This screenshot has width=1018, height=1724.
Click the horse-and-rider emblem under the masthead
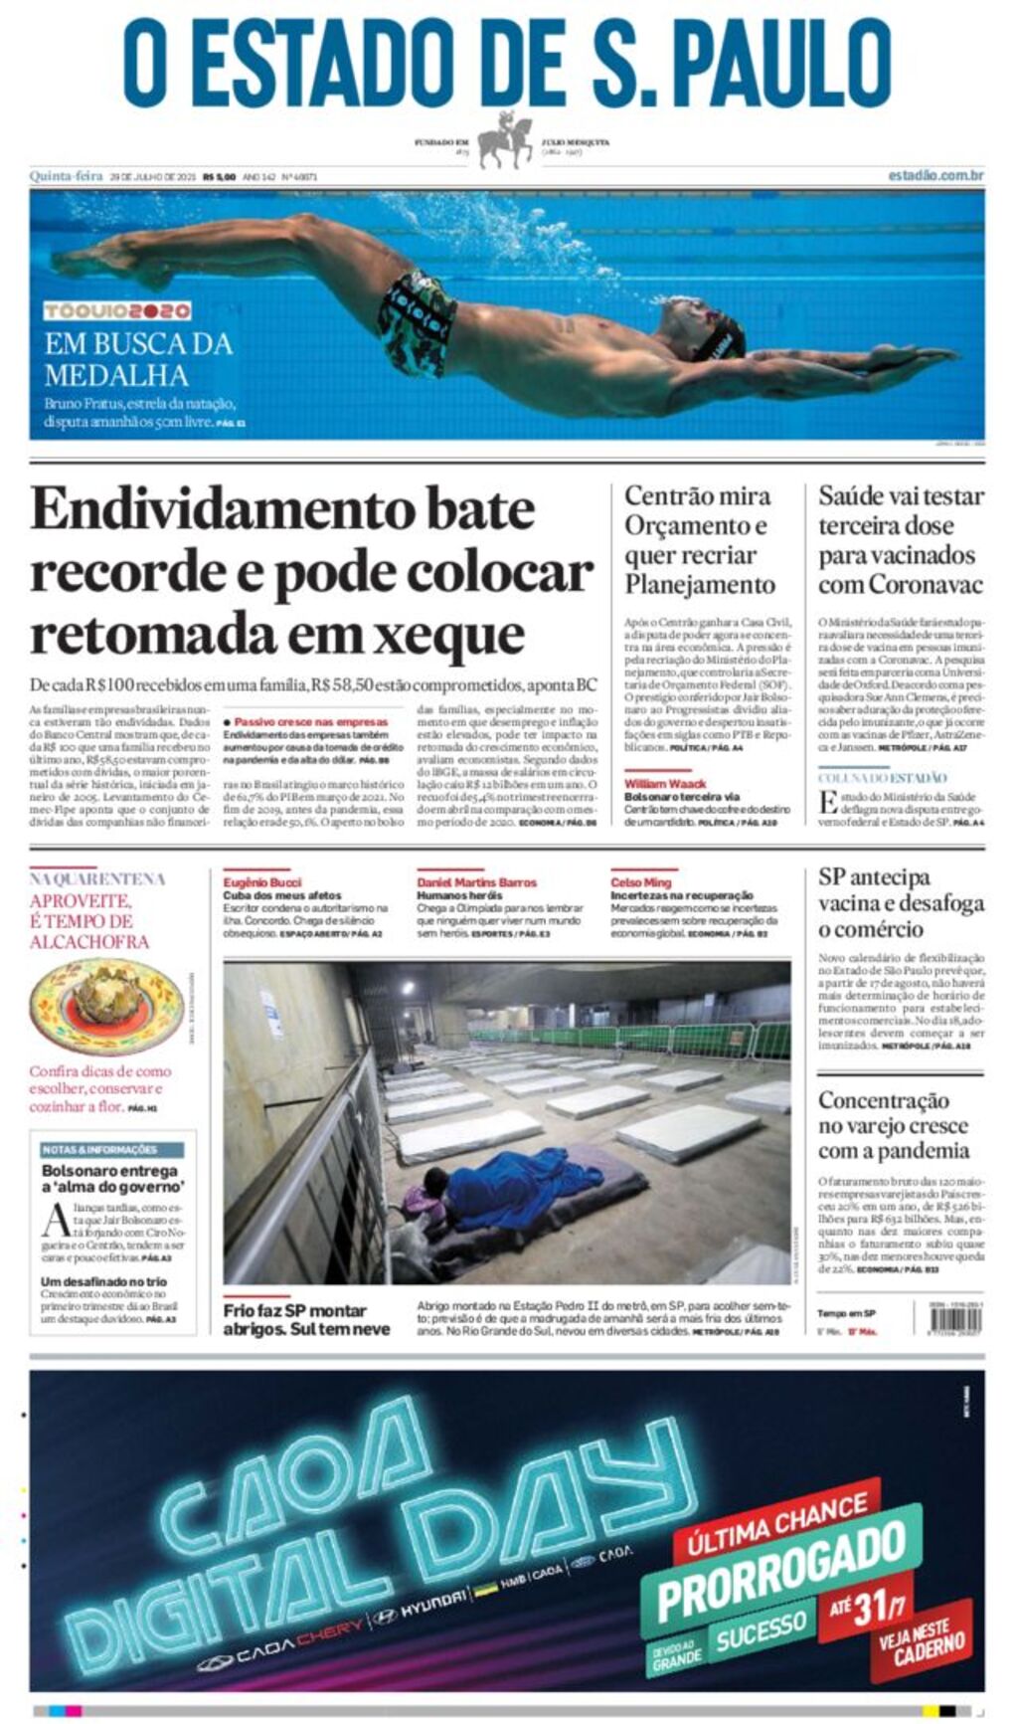tap(506, 141)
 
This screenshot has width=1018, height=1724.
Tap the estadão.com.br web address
tap(935, 176)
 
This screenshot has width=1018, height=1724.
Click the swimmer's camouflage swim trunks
tap(417, 320)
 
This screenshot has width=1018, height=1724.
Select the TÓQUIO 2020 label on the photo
tap(117, 311)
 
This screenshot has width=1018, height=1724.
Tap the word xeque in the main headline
tap(456, 634)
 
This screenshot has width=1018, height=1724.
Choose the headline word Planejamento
tap(699, 584)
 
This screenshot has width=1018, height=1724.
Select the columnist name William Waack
tap(665, 784)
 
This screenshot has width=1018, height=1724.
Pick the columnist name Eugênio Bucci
tap(262, 882)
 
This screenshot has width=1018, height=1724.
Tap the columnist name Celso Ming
tap(640, 882)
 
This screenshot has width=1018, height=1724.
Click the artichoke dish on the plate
tap(107, 998)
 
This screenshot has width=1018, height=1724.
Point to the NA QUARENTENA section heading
tap(97, 879)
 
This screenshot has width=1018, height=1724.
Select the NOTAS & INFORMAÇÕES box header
tap(99, 1149)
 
